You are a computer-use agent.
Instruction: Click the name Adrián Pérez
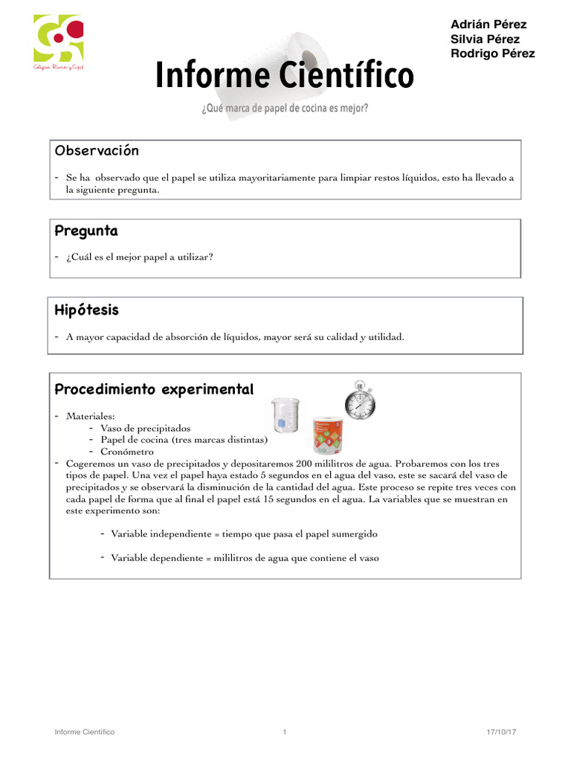(x=488, y=24)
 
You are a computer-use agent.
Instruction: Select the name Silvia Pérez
(x=485, y=39)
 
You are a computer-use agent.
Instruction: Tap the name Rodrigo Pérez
(x=492, y=54)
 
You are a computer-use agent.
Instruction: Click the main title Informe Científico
(x=284, y=76)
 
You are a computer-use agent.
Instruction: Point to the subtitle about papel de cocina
(x=284, y=109)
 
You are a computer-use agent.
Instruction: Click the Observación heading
(x=97, y=151)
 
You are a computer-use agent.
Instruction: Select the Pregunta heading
(x=86, y=231)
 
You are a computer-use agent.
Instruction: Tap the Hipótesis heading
(x=87, y=310)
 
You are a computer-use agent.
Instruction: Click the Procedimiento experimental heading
(x=155, y=389)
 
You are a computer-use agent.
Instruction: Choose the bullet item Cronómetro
(x=127, y=451)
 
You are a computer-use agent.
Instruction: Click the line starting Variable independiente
(x=244, y=534)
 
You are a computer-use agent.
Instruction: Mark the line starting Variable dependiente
(x=245, y=557)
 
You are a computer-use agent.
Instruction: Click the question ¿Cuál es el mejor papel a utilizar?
(x=139, y=257)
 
